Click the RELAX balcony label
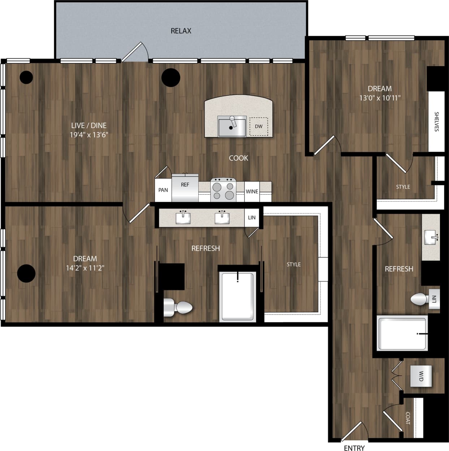[x=181, y=31]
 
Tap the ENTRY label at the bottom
[x=354, y=448]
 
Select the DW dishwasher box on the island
[x=259, y=126]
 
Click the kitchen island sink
[x=232, y=126]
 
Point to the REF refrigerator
[x=185, y=188]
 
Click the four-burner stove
[x=223, y=190]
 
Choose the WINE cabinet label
[x=252, y=191]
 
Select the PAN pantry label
[x=163, y=190]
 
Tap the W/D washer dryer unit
[x=421, y=376]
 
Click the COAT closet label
[x=408, y=418]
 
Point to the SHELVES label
[x=436, y=122]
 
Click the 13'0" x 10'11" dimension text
[x=380, y=98]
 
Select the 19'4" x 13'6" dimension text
[x=89, y=135]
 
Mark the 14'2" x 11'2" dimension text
[x=85, y=268]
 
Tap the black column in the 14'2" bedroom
[x=26, y=273]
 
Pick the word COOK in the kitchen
[x=238, y=158]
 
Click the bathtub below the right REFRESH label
[x=402, y=333]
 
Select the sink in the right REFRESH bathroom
[x=431, y=237]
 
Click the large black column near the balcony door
[x=171, y=77]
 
